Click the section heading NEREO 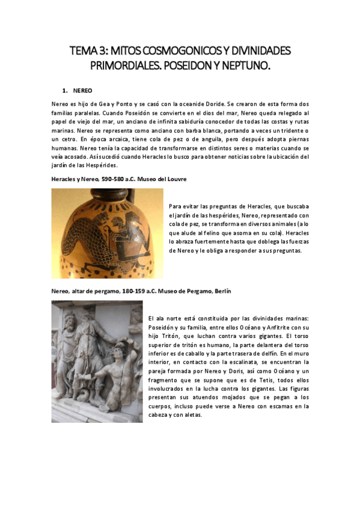pyautogui.click(x=82, y=91)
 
